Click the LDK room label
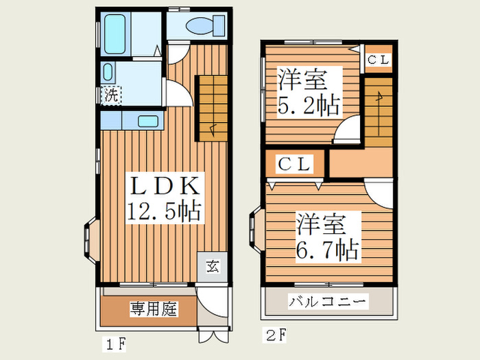(x=165, y=186)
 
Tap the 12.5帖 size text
(x=165, y=211)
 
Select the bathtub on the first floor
(x=115, y=34)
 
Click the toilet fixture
(x=205, y=25)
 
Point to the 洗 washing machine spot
(x=111, y=95)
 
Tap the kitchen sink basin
(x=148, y=121)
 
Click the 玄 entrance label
(x=213, y=266)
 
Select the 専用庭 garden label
(x=154, y=309)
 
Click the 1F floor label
(x=115, y=344)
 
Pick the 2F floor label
(x=274, y=335)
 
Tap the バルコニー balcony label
(x=328, y=302)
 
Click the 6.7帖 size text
(x=326, y=250)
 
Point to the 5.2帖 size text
(x=309, y=106)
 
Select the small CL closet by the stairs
(x=379, y=60)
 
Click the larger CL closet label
(x=294, y=165)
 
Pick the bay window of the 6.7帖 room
(x=256, y=229)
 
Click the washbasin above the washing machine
(x=108, y=72)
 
